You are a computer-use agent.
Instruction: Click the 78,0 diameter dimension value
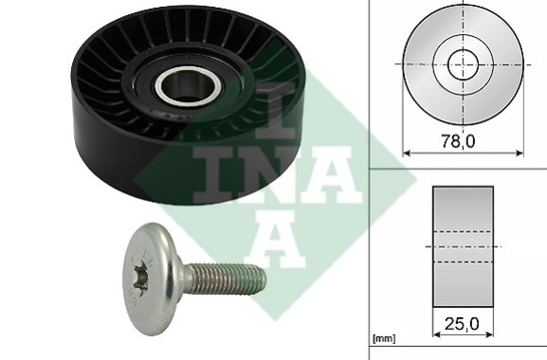click(x=458, y=141)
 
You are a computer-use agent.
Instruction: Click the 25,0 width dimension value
click(x=462, y=324)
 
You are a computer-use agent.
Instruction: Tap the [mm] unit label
click(x=384, y=338)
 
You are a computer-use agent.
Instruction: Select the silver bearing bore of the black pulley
click(x=188, y=85)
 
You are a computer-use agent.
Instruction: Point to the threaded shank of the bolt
click(x=223, y=279)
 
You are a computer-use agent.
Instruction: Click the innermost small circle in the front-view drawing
click(x=463, y=64)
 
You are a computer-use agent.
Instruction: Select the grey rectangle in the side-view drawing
click(x=463, y=246)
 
